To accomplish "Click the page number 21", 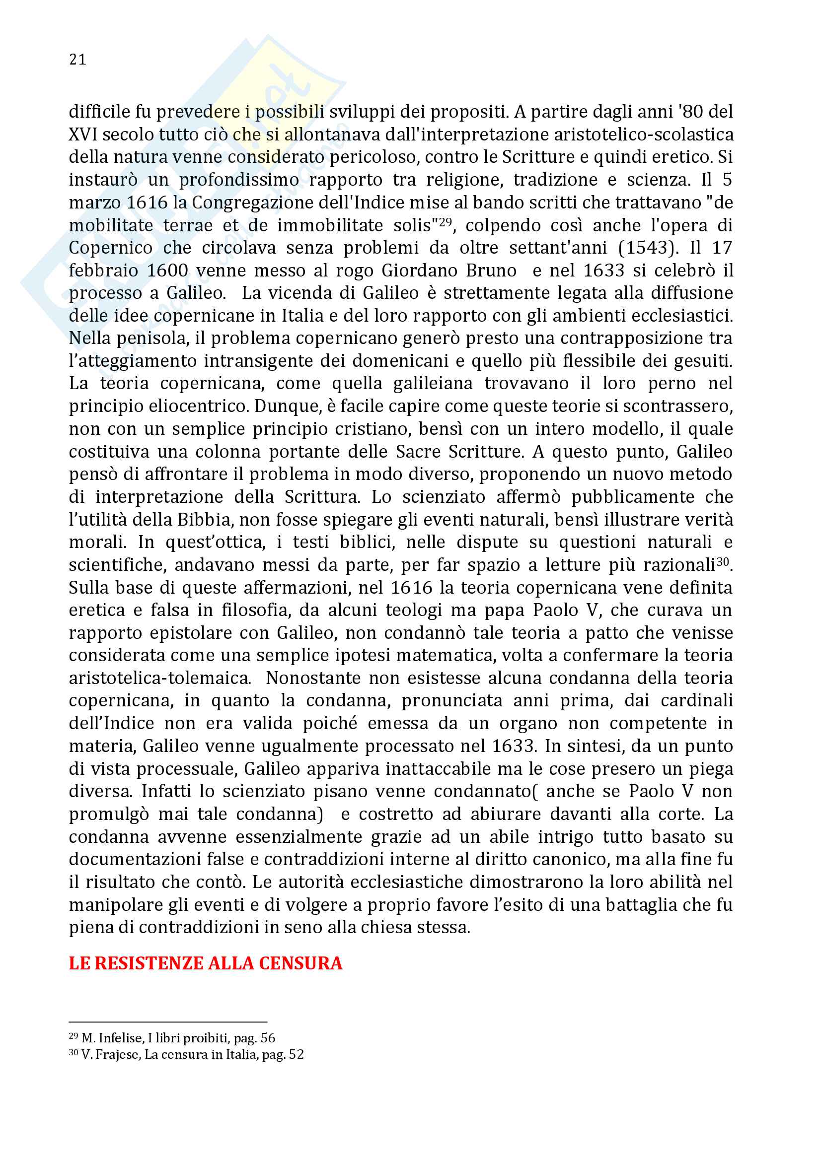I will pyautogui.click(x=77, y=60).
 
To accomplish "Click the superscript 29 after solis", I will pyautogui.click(x=445, y=221).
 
